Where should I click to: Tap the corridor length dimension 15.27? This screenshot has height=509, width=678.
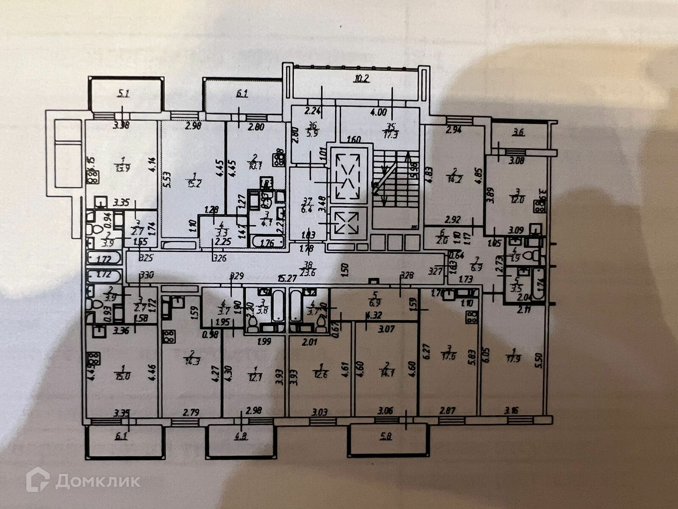(x=286, y=278)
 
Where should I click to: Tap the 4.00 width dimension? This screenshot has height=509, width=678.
(x=378, y=112)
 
